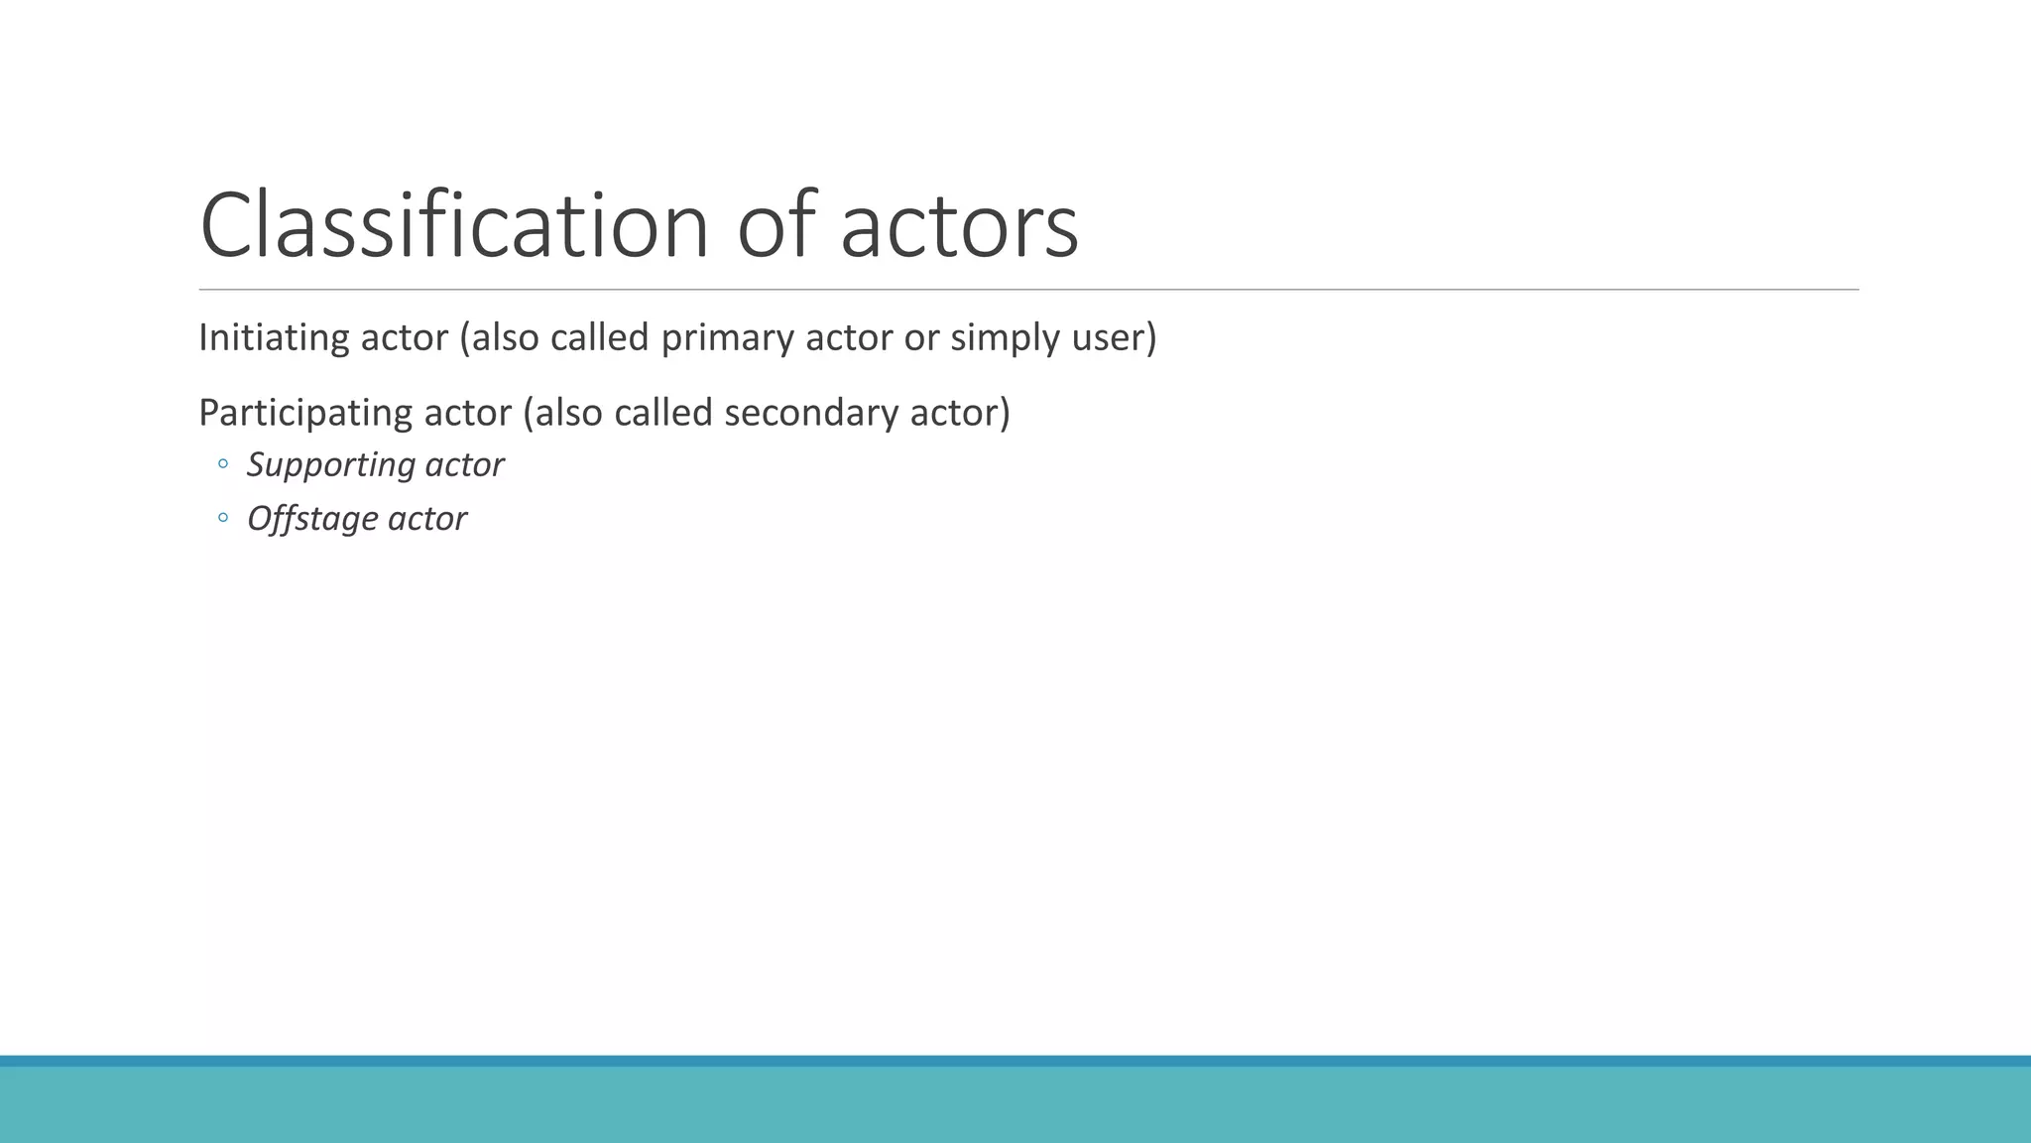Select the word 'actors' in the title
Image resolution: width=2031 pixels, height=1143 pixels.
[959, 227]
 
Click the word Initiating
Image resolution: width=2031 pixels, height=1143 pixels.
[274, 338]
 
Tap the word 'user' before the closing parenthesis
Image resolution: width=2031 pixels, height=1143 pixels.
[1108, 338]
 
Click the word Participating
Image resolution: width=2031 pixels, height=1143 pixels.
[305, 413]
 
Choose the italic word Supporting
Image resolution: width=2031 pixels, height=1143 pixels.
[330, 465]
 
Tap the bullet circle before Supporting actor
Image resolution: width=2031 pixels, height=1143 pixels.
[223, 463]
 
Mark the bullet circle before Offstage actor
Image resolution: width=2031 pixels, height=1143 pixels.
[223, 517]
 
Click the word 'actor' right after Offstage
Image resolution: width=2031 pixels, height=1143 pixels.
[427, 519]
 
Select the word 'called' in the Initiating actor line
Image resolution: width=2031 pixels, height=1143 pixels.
[599, 338]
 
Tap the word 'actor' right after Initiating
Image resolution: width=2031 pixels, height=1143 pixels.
[404, 338]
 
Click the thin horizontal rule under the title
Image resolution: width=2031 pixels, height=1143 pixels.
[1028, 290]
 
